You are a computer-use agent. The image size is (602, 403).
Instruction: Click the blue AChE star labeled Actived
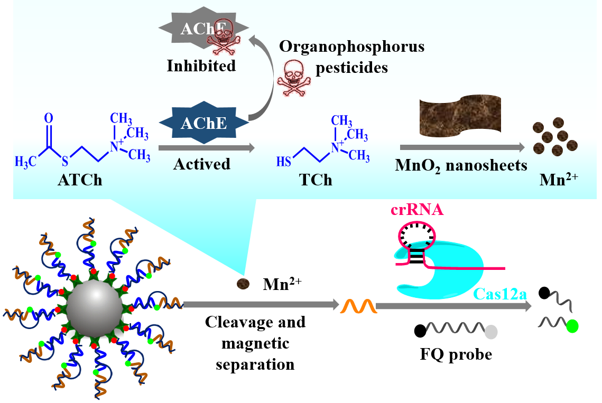[x=203, y=123]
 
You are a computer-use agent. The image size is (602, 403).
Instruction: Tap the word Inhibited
[x=201, y=66]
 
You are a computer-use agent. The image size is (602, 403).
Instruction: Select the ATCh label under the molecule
[x=80, y=181]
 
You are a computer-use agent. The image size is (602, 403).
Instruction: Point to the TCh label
[x=316, y=180]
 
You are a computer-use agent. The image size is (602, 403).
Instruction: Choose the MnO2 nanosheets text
[x=461, y=165]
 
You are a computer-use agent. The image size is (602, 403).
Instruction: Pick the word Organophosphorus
[x=351, y=46]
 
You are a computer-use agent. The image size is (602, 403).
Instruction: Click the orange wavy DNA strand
[x=359, y=305]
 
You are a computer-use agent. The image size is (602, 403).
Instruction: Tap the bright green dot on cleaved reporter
[x=571, y=326]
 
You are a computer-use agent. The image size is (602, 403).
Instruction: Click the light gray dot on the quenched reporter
[x=491, y=332]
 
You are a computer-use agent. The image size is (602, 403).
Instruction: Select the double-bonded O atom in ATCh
[x=49, y=117]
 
